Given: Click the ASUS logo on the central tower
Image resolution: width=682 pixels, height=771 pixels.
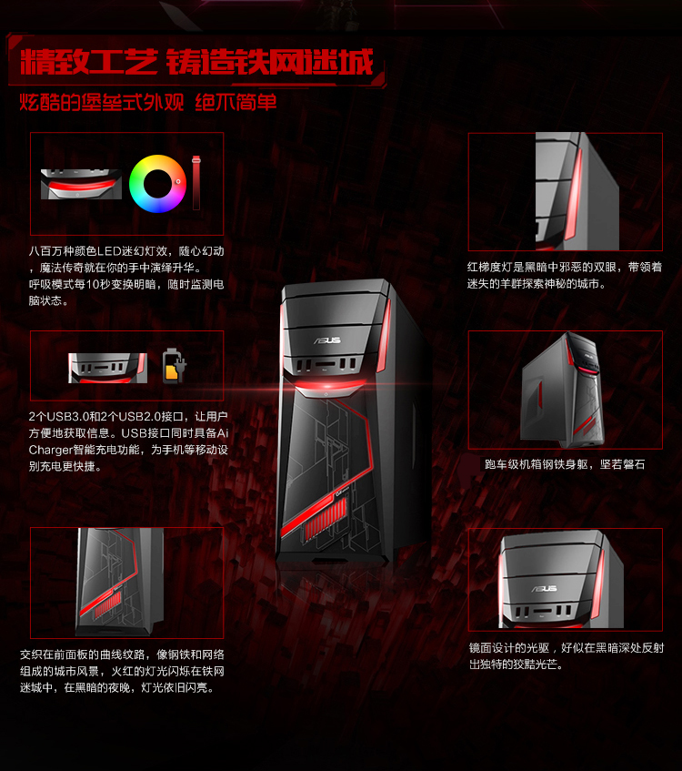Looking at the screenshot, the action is [x=327, y=340].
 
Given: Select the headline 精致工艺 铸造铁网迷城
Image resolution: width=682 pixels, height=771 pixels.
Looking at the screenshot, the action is [x=196, y=62].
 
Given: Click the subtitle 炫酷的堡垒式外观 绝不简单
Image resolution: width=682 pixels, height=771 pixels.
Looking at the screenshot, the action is [x=148, y=102].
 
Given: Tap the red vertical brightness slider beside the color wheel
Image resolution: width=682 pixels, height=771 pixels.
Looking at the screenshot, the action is [x=196, y=183].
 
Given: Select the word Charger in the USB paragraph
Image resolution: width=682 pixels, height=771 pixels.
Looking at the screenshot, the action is [x=49, y=450].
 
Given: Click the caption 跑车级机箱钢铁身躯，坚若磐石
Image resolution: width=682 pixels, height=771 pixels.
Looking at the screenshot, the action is [x=565, y=464].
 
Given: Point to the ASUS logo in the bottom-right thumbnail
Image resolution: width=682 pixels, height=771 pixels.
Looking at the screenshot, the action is [x=545, y=589].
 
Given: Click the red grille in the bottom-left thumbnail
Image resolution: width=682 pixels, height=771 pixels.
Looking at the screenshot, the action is [x=107, y=604].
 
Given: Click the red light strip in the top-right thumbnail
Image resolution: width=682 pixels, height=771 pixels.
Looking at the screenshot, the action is [x=574, y=195].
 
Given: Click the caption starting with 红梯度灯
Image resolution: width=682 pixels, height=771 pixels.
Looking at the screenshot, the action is [x=565, y=275].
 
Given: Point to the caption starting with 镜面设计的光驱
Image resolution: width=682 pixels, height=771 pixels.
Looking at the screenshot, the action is [x=566, y=656].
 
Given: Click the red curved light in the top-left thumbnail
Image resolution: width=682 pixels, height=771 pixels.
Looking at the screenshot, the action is [x=82, y=186].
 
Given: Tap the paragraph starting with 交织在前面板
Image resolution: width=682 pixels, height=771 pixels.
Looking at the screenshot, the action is [x=122, y=671].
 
